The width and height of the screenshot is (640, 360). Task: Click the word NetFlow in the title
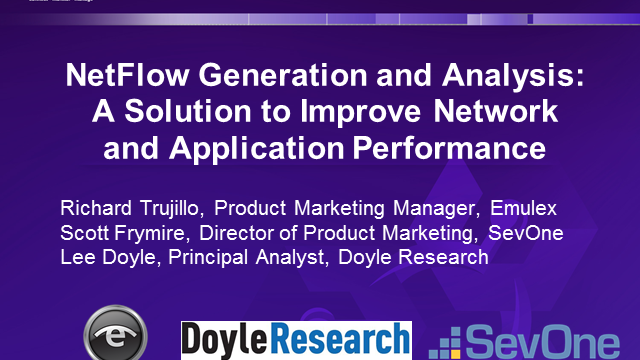(127, 75)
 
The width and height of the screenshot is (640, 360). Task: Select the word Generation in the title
(283, 75)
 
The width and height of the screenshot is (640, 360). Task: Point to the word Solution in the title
(188, 111)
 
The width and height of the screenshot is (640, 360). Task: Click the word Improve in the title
(361, 112)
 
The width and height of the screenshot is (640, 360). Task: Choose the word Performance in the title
(449, 148)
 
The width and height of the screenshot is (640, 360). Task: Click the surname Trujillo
(171, 209)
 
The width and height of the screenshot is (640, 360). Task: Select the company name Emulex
(523, 208)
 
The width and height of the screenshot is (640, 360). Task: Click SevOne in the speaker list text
(526, 233)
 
